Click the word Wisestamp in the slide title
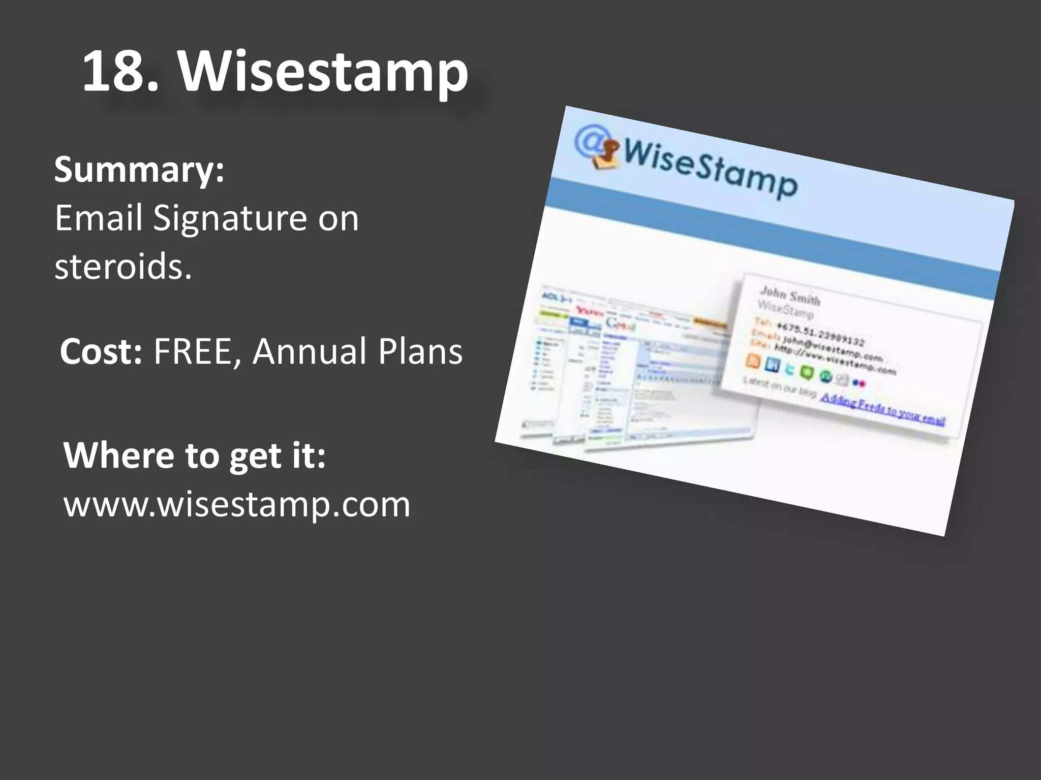click(x=322, y=72)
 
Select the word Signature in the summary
click(x=230, y=218)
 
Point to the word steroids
click(x=123, y=266)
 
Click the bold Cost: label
click(x=101, y=351)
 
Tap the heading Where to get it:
click(x=194, y=456)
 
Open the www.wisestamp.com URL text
click(x=236, y=505)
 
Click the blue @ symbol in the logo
click(x=590, y=141)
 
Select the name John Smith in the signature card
click(x=789, y=296)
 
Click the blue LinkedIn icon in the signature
click(x=772, y=365)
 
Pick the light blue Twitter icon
click(x=789, y=369)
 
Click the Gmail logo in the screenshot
click(x=621, y=323)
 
